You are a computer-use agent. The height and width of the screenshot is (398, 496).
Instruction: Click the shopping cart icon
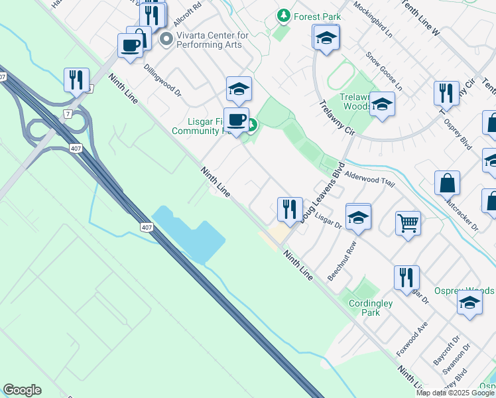point(408,222)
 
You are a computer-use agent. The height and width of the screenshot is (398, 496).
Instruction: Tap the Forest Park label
point(316,15)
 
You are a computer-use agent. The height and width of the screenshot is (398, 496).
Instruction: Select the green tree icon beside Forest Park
point(284,15)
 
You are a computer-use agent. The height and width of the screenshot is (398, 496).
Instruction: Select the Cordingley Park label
point(371,307)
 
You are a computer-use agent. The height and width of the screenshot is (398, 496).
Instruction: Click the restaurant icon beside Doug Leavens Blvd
point(289,210)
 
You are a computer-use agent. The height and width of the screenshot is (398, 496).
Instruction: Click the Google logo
point(22,390)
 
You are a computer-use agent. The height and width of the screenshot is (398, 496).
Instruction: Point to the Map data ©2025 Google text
point(455,393)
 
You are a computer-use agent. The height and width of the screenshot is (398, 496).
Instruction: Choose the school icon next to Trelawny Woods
point(381,104)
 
